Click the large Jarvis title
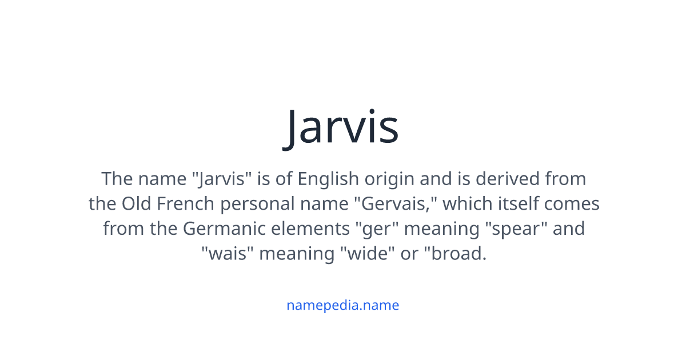342,127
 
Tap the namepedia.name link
342,305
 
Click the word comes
572,204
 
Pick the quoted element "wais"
228,254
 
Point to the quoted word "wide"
369,254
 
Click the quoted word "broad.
456,254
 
